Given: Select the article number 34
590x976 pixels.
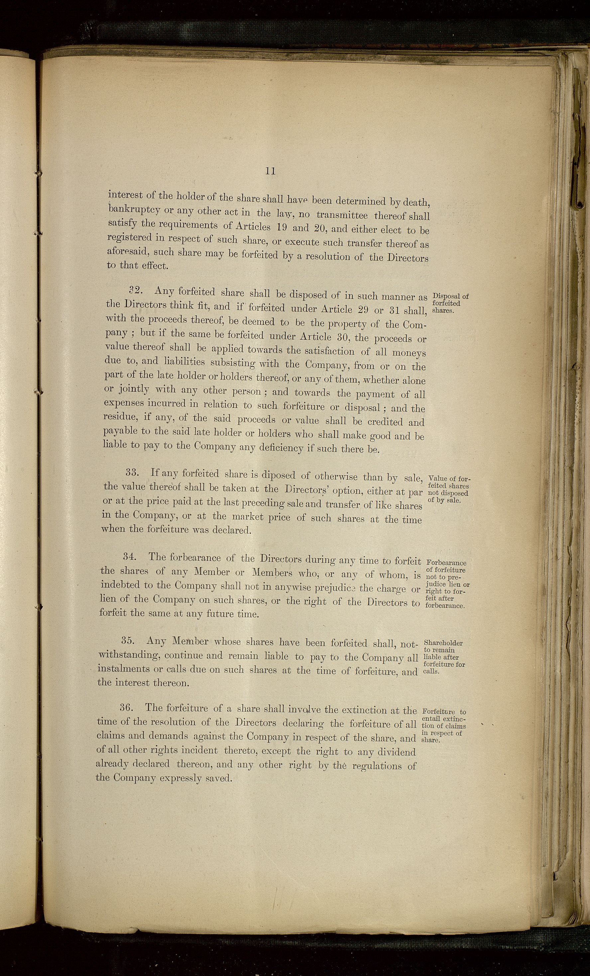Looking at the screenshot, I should pos(129,557).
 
